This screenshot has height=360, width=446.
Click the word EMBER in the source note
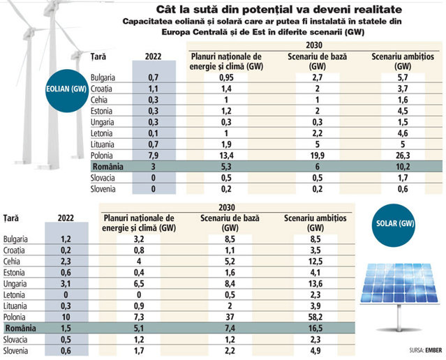433,350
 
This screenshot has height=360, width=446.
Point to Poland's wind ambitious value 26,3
403,156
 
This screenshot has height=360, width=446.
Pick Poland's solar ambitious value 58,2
315,317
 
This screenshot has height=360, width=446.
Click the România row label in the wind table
107,167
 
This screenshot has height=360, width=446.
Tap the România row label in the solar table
21,328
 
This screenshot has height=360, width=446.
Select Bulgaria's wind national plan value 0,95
226,77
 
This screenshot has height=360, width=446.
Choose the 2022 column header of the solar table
66,218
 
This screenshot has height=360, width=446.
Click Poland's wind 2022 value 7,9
153,156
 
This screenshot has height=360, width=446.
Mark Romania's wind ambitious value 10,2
403,167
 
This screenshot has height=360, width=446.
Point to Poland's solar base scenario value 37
230,317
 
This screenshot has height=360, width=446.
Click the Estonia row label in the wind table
101,111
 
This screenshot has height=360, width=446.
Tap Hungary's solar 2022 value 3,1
66,284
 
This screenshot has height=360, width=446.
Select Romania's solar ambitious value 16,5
315,328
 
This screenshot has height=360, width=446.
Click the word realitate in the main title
378,9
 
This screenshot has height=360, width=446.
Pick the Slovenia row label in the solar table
15,351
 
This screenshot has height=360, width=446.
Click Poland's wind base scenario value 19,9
317,156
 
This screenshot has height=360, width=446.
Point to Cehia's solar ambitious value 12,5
315,262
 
